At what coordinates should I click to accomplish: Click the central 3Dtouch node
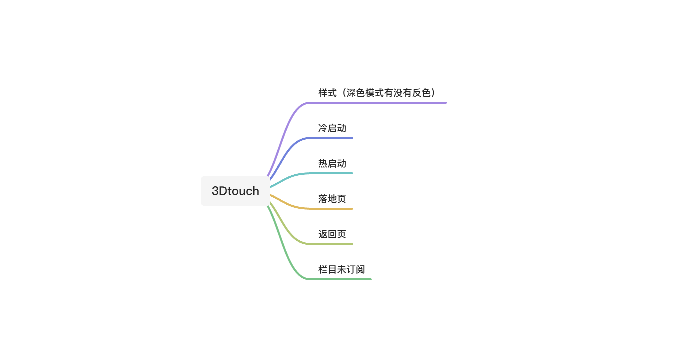[x=235, y=191]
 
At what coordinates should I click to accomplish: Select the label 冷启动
[x=332, y=128]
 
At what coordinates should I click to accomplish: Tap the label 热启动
[x=332, y=164]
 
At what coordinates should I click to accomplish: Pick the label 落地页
[x=332, y=199]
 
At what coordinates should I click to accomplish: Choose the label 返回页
[x=332, y=234]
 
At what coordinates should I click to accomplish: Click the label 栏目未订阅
[x=342, y=270]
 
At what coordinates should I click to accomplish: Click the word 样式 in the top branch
[x=328, y=93]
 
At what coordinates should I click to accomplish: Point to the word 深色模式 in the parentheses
[x=365, y=93]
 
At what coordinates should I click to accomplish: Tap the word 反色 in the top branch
[x=421, y=93]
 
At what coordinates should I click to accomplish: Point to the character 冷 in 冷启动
[x=323, y=128]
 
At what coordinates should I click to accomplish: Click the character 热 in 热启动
[x=323, y=164]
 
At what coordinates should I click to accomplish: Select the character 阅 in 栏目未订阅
[x=360, y=270]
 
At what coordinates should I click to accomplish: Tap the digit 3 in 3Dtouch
[x=215, y=191]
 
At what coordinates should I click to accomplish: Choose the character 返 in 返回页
[x=323, y=234]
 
